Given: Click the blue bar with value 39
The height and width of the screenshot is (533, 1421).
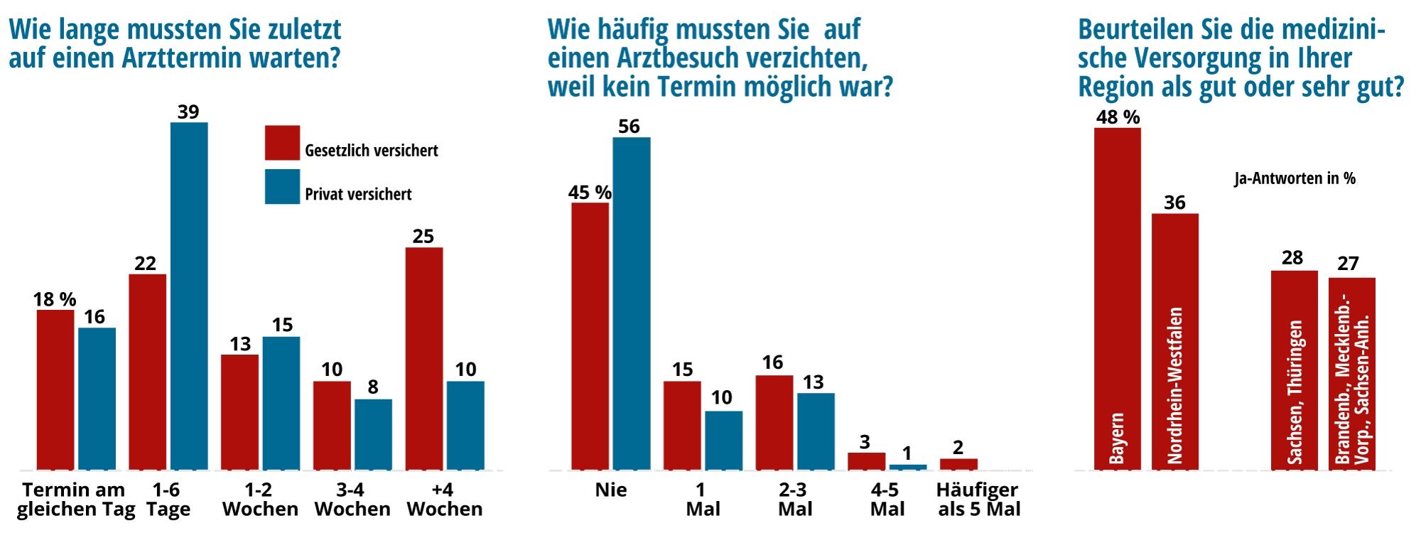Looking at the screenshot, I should click(x=189, y=296).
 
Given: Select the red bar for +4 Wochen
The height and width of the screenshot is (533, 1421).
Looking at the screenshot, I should click(x=424, y=358).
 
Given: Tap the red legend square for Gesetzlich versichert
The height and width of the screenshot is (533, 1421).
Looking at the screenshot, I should click(x=282, y=143).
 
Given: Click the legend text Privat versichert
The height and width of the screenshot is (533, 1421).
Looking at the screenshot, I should click(x=358, y=194).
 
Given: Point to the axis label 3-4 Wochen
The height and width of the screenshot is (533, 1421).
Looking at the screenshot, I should click(x=352, y=500).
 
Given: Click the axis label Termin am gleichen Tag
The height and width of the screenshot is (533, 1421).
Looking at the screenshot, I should click(x=75, y=500).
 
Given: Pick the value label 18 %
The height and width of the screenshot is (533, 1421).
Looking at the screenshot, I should click(x=55, y=299).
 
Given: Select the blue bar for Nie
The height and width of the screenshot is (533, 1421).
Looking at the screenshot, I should click(x=632, y=303).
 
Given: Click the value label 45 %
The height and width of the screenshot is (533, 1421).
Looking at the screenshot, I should click(x=589, y=193).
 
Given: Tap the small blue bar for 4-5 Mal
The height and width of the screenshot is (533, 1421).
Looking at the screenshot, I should click(x=907, y=467).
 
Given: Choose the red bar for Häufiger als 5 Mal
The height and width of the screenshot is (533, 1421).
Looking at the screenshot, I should click(x=958, y=464).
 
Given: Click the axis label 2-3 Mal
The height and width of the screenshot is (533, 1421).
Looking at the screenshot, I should click(x=794, y=500).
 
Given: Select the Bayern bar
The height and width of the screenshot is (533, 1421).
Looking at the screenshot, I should click(x=1117, y=298).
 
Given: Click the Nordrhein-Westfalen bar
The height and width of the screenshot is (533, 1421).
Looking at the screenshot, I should click(x=1174, y=341).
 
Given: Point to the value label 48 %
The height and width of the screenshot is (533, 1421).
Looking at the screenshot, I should click(x=1117, y=117).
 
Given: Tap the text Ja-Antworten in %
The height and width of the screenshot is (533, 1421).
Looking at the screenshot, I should click(x=1295, y=178).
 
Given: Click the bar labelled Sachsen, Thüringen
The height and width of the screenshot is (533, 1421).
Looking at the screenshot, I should click(x=1294, y=370).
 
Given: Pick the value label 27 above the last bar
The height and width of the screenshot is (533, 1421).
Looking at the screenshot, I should click(x=1348, y=264).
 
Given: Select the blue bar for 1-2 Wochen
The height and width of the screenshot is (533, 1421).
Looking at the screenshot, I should click(x=281, y=403).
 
